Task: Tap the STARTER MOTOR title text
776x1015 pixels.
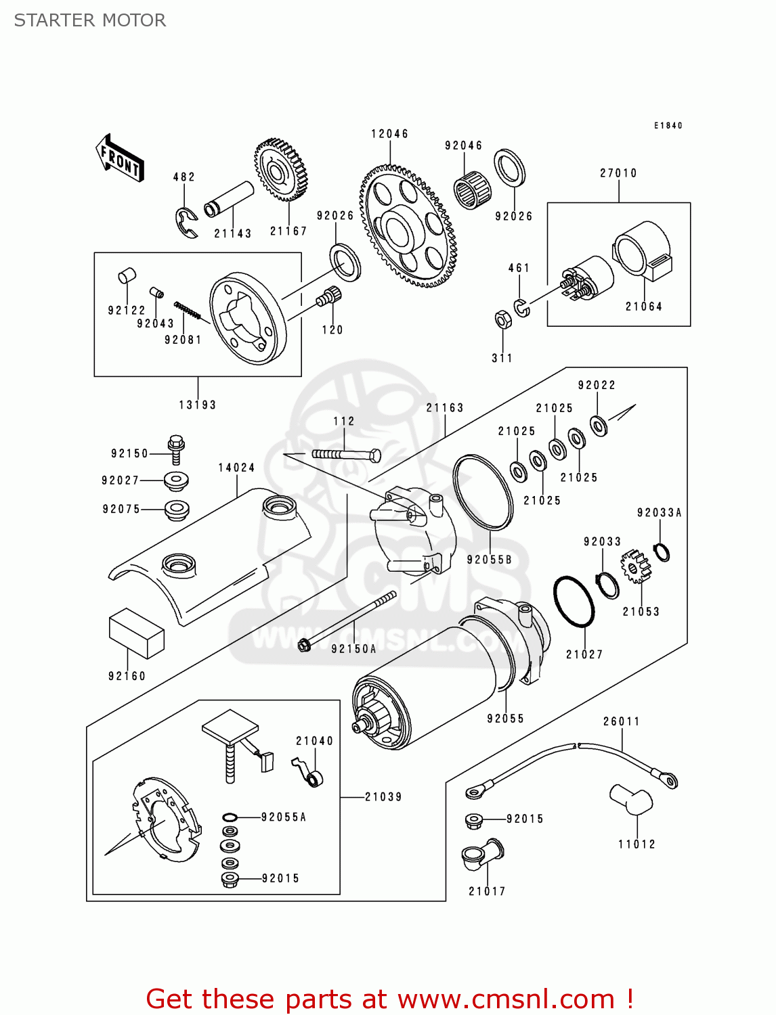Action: [x=90, y=20]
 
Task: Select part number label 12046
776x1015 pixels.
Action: [x=389, y=134]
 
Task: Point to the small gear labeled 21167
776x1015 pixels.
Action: [x=280, y=171]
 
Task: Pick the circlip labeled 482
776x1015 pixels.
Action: [x=186, y=223]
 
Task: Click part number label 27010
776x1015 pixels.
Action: [x=618, y=173]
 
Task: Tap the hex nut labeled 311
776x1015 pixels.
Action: [x=502, y=319]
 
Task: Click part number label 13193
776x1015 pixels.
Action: [x=197, y=405]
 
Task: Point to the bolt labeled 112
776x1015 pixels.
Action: [x=346, y=455]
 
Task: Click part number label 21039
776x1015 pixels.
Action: [x=383, y=797]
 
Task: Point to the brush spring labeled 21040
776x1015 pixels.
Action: [x=309, y=772]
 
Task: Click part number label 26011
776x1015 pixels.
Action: [x=621, y=721]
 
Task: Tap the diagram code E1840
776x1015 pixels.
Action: [x=668, y=125]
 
